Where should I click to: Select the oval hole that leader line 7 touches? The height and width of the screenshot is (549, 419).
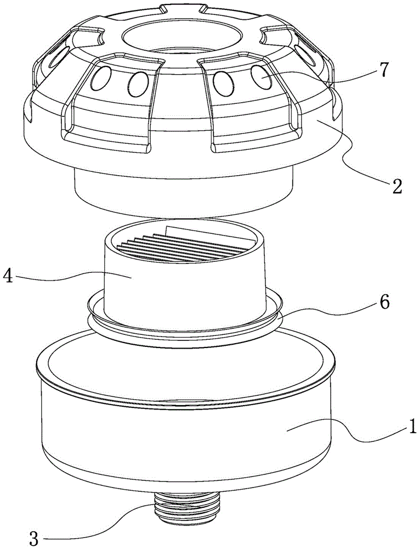(262, 77)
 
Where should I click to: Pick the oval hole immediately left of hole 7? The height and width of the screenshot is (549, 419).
(223, 81)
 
